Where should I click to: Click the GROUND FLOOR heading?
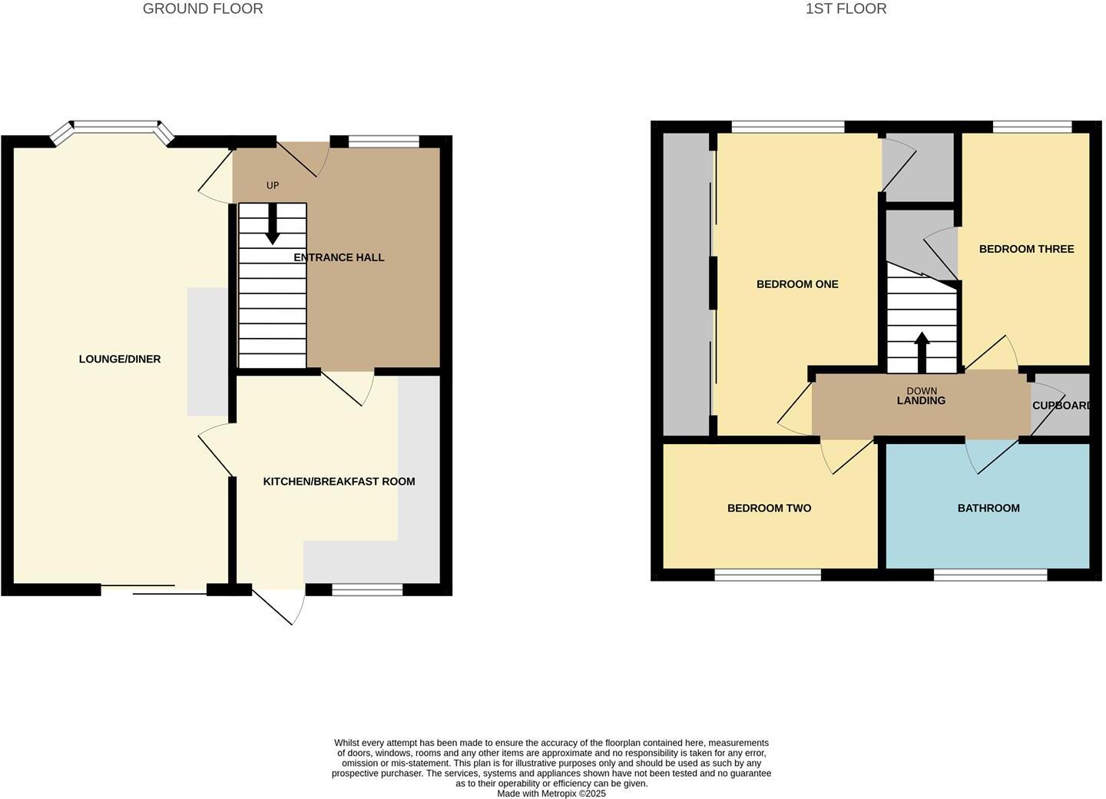point(203,9)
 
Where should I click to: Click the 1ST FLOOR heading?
point(846,9)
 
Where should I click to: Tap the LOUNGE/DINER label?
point(120,359)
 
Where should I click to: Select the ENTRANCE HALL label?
point(339,257)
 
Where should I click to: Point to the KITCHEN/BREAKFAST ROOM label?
point(339,482)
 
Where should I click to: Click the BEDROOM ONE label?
point(797,284)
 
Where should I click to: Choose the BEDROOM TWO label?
point(769,508)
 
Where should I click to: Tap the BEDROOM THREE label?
point(1026,249)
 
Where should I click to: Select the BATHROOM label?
point(988,508)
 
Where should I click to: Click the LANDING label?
point(921,400)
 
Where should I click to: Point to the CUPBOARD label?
point(1061,406)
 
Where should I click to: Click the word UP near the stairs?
point(273,185)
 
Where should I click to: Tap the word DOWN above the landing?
point(922,391)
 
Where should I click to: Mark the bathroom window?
point(991,574)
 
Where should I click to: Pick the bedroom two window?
point(768,574)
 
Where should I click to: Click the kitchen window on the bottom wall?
point(367,589)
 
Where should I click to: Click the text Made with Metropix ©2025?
point(551,794)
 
